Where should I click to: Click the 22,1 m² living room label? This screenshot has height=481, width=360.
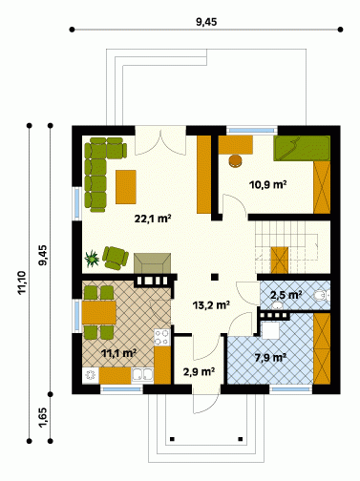coord(153,219)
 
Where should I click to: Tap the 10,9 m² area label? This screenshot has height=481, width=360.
coord(268,184)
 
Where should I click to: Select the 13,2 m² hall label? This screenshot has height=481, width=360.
coord(211,305)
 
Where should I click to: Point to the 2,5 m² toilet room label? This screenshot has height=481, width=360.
coord(286,295)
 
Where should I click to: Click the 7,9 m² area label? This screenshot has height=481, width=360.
coord(270,358)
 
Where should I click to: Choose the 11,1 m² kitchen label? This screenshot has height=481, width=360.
coord(119,353)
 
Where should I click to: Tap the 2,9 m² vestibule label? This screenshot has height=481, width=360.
coord(199,371)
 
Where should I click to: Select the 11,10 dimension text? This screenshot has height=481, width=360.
coord(22,282)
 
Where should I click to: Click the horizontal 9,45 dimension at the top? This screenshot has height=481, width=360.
coord(206,22)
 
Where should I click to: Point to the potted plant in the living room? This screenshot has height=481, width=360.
coord(92,259)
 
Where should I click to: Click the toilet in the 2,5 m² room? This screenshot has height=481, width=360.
coord(322,296)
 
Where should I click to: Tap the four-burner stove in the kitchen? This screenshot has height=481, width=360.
coord(162,337)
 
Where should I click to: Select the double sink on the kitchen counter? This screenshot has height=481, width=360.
coord(142,375)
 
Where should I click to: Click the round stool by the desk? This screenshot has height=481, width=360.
coord(235,161)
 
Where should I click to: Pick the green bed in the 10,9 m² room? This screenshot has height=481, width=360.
coord(302,148)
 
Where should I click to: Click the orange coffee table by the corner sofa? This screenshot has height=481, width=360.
coord(126,187)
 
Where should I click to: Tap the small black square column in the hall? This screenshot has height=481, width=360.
coord(215,277)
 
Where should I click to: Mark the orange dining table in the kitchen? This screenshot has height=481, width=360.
coord(99,312)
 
